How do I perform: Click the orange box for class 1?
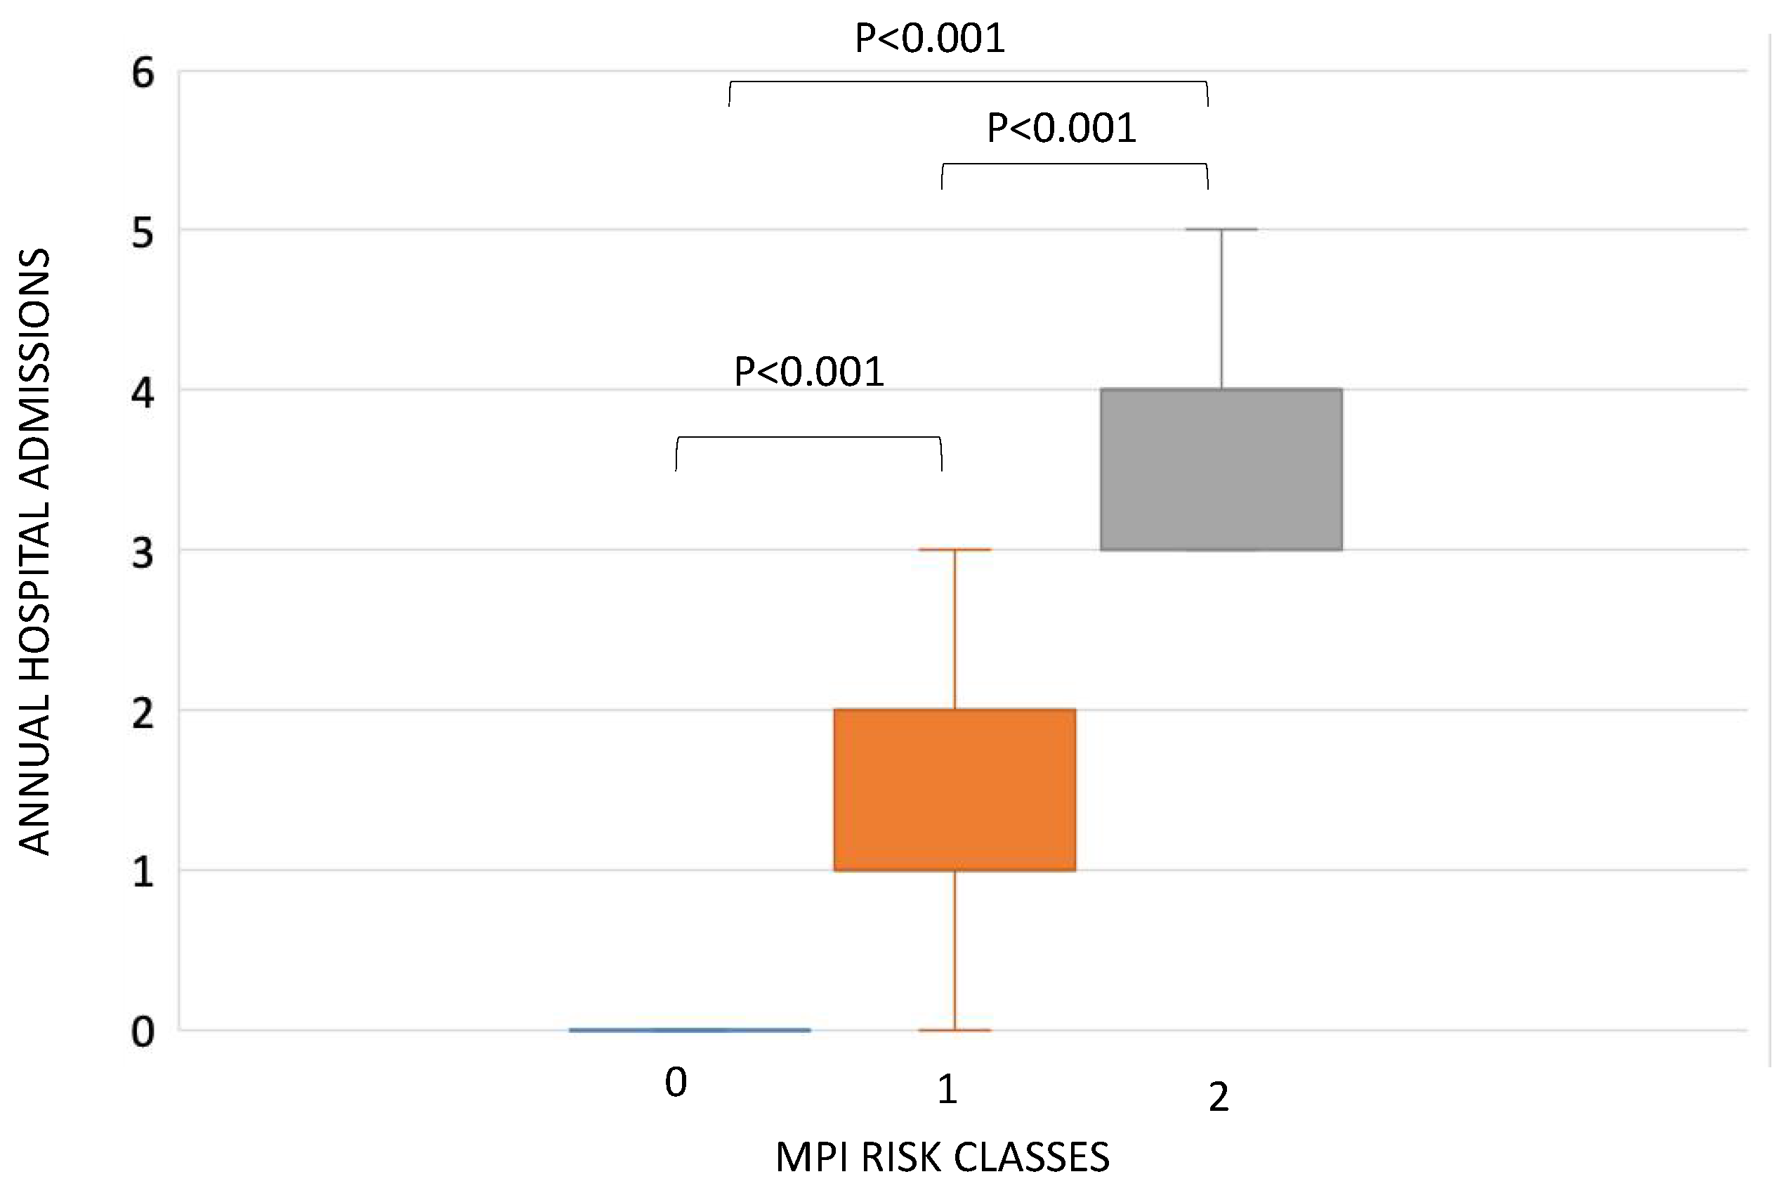(954, 790)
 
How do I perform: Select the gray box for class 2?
(1221, 469)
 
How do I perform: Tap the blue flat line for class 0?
(690, 1029)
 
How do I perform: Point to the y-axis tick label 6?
(143, 74)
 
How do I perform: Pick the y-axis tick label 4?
(143, 393)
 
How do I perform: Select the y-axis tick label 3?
(143, 554)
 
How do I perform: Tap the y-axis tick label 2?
(143, 713)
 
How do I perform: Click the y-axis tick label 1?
(143, 873)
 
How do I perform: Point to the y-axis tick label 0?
(143, 1032)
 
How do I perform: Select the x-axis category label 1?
(947, 1090)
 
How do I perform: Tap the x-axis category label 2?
(1219, 1097)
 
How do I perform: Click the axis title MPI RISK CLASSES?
(942, 1157)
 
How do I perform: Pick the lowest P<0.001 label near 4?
(809, 372)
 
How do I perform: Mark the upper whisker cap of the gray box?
(1221, 229)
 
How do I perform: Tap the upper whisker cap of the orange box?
(954, 549)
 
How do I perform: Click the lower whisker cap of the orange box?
(954, 1030)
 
